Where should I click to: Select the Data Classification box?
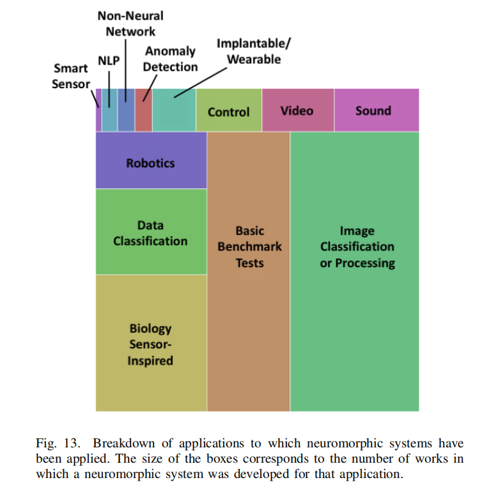click(151, 233)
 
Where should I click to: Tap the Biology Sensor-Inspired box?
click(151, 344)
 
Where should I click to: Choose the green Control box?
click(229, 111)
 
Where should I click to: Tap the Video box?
click(297, 111)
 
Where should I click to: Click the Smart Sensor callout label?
click(71, 76)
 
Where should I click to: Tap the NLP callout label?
click(109, 61)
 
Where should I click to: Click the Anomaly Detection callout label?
click(170, 59)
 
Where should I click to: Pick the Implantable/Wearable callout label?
click(249, 52)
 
